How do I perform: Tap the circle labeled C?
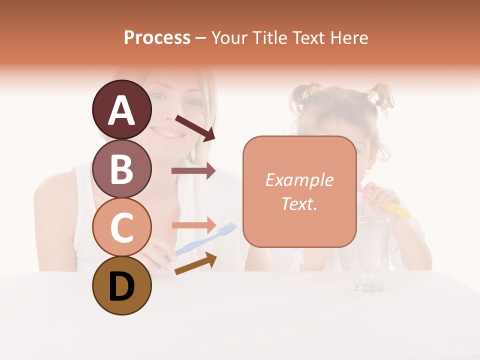(121, 227)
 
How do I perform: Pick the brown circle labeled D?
(121, 285)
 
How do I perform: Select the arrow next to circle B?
(193, 171)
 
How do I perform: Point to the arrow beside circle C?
(193, 225)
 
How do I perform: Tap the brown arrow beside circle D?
(195, 264)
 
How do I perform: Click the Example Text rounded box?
(299, 192)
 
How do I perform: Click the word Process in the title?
(157, 37)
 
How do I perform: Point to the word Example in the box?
(299, 180)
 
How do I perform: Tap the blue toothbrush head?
(227, 229)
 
